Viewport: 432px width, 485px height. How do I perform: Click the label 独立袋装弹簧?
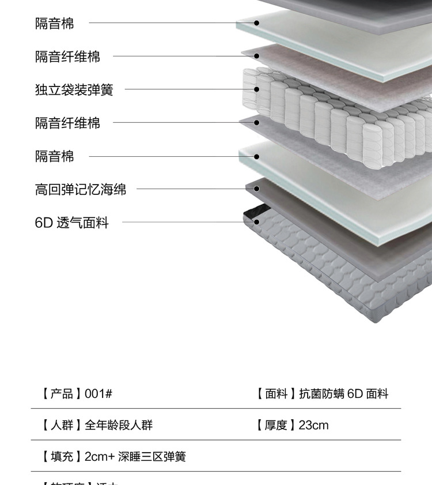pyautogui.click(x=74, y=90)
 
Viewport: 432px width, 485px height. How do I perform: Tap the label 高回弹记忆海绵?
pyautogui.click(x=81, y=189)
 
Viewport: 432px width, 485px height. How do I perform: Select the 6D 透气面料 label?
pyautogui.click(x=71, y=223)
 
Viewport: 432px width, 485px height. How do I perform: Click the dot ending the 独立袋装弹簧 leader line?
pyautogui.click(x=257, y=89)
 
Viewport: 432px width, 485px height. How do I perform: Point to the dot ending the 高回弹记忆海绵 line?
pyautogui.click(x=257, y=189)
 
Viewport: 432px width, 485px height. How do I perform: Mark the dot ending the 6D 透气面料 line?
pyautogui.click(x=257, y=221)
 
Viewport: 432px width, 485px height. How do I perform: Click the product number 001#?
pyautogui.click(x=98, y=394)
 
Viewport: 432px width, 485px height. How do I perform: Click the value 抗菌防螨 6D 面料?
pyautogui.click(x=344, y=394)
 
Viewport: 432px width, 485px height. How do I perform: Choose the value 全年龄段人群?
pyautogui.click(x=119, y=426)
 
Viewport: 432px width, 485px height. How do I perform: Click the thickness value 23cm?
pyautogui.click(x=313, y=426)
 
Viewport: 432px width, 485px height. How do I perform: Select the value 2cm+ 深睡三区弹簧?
pyautogui.click(x=135, y=457)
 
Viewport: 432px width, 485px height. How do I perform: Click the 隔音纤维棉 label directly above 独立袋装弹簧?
pyautogui.click(x=67, y=57)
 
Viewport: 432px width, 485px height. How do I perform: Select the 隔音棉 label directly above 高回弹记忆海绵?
pyautogui.click(x=55, y=156)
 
